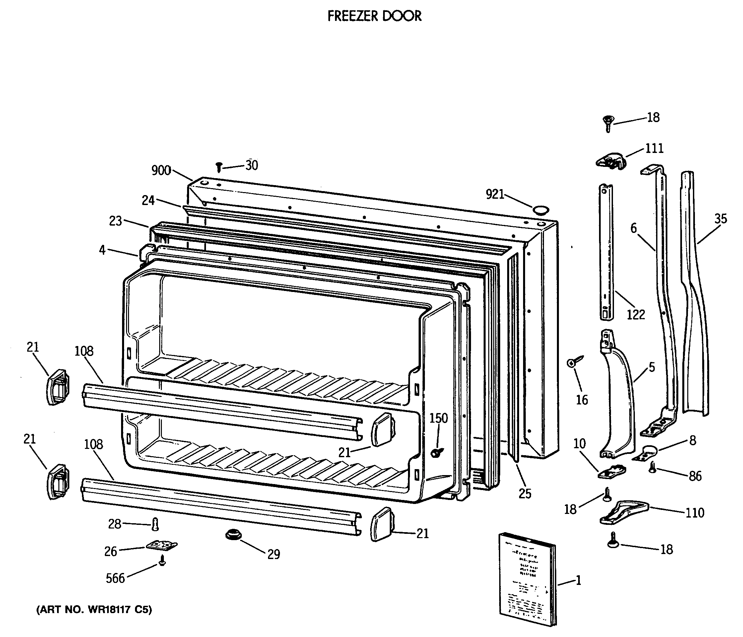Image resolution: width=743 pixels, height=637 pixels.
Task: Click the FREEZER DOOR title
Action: pos(374,16)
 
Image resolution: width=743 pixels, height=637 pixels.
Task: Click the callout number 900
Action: pos(161,171)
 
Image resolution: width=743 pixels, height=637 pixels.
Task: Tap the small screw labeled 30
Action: pos(219,167)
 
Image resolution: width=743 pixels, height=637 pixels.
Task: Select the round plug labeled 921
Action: pos(541,209)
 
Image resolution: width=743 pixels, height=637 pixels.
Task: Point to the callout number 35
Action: pos(720,219)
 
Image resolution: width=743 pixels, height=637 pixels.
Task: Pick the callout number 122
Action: pos(636,315)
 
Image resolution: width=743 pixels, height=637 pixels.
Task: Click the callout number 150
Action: pos(439,418)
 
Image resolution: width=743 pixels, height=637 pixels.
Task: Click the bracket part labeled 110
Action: pos(624,513)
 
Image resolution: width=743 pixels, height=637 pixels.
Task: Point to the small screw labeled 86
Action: pos(653,467)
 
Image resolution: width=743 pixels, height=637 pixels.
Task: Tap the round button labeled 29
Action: pos(234,535)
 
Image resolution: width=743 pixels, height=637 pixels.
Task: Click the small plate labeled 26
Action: pos(162,545)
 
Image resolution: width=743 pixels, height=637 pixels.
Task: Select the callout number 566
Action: pos(115,578)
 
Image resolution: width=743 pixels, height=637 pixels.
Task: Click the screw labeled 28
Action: pos(155,525)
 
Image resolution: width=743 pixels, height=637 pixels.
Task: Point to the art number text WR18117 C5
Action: pos(94,610)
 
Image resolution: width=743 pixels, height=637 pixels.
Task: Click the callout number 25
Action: pos(525,494)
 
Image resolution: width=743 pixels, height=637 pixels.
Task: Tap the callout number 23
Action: pos(115,221)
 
